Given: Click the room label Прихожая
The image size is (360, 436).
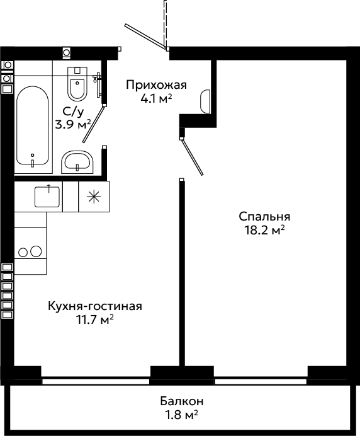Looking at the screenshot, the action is [156, 85].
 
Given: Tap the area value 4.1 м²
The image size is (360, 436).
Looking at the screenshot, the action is [156, 98].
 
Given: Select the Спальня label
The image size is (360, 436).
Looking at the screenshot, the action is [264, 217].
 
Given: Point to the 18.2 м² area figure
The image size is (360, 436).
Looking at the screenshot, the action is [264, 230].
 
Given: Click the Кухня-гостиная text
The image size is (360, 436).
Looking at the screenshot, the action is [95, 306].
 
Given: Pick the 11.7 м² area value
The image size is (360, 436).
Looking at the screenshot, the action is [95, 319].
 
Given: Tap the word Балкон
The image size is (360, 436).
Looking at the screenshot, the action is [182, 401].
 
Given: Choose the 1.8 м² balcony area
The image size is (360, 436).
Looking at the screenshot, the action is [182, 415].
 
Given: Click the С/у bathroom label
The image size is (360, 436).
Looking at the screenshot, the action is [73, 112].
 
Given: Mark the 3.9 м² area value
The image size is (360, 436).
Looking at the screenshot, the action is [73, 125].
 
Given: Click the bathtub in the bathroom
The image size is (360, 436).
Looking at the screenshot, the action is [33, 125].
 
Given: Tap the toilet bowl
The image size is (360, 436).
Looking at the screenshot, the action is [77, 84].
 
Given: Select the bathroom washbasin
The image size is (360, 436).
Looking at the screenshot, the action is [77, 162].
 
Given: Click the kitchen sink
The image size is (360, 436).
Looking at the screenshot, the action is [47, 197].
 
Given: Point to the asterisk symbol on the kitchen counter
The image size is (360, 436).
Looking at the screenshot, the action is [94, 197].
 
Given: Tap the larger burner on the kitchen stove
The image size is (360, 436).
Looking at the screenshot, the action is [36, 251].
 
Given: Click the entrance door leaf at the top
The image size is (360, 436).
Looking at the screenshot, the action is [145, 37].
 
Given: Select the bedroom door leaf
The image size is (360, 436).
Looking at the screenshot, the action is [192, 157].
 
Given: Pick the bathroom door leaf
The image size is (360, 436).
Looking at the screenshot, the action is [94, 124].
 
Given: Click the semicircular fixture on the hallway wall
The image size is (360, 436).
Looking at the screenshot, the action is [205, 101].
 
